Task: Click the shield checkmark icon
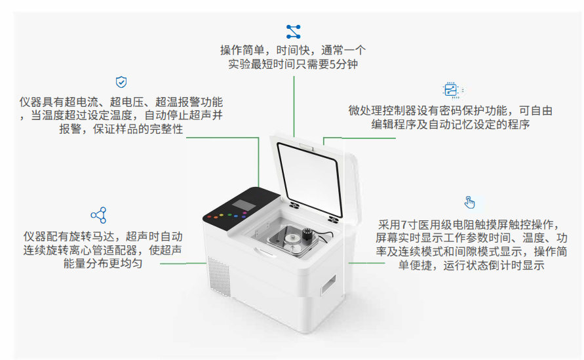pos(121,82)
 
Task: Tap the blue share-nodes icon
pos(99,215)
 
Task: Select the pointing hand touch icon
pos(469,203)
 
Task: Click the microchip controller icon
pos(451,90)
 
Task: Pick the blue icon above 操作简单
pos(294,31)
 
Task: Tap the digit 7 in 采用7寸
pos(404,225)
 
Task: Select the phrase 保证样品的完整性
pos(138,129)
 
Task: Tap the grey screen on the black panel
pos(244,205)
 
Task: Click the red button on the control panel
pos(209,216)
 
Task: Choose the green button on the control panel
pos(229,215)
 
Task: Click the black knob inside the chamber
pos(307,234)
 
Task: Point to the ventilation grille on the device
pos(219,276)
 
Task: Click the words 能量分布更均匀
pos(103,264)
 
